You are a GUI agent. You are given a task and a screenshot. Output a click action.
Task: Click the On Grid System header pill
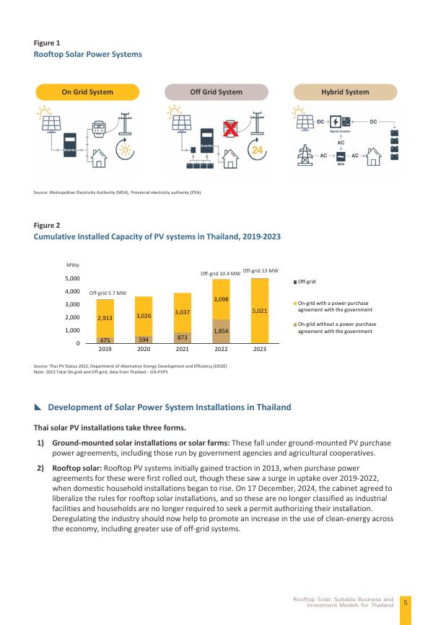[x=87, y=92]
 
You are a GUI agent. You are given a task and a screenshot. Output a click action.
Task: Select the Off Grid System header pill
[x=216, y=92]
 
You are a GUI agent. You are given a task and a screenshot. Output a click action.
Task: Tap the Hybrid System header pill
[x=344, y=92]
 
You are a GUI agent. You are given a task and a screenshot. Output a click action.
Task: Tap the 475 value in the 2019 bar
[x=105, y=340]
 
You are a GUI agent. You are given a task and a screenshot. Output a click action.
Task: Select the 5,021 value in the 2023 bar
[x=261, y=311]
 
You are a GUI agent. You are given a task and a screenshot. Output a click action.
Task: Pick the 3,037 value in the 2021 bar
[x=183, y=312]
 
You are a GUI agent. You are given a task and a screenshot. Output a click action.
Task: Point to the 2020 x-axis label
[x=144, y=350]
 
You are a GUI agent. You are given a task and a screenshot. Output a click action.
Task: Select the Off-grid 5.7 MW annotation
[x=108, y=293]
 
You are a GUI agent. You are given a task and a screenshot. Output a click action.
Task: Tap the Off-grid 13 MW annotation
[x=261, y=270]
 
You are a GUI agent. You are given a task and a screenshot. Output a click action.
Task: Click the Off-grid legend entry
[x=307, y=281]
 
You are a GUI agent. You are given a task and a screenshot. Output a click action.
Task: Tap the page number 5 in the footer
[x=406, y=602]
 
